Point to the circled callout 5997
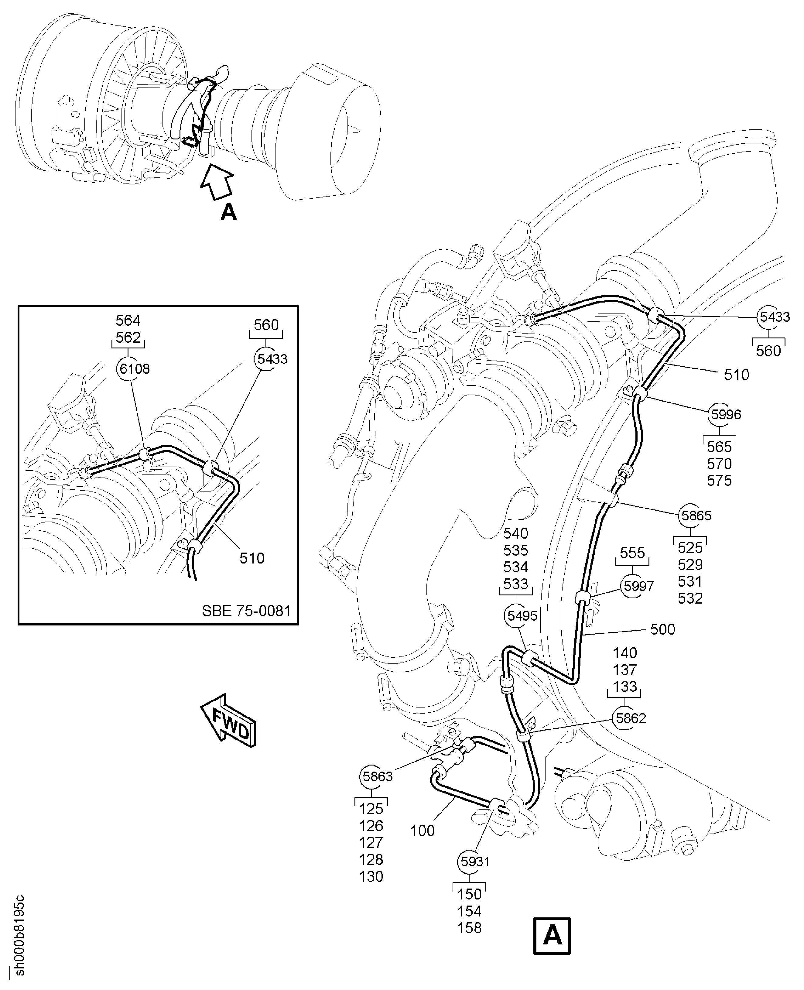click(x=638, y=586)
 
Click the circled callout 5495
click(x=522, y=616)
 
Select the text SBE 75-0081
click(x=246, y=611)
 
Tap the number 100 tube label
click(x=423, y=831)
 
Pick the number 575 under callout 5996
click(x=719, y=480)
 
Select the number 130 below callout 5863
click(x=371, y=876)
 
